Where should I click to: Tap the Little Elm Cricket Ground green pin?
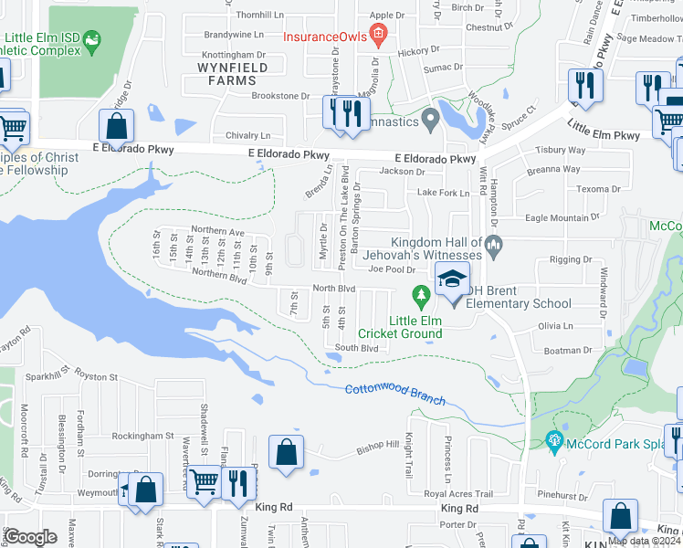tap(421, 295)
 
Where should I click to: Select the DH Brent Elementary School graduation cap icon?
tap(451, 280)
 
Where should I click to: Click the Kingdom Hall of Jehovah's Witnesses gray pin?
tap(493, 244)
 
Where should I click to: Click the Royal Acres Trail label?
tap(459, 494)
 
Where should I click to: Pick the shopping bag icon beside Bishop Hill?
tap(287, 451)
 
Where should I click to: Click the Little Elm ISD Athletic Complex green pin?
tap(91, 41)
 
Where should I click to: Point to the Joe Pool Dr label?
tap(392, 269)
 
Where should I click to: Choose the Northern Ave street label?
tap(217, 232)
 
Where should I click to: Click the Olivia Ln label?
tap(554, 325)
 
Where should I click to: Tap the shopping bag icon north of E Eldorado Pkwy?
tap(116, 126)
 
